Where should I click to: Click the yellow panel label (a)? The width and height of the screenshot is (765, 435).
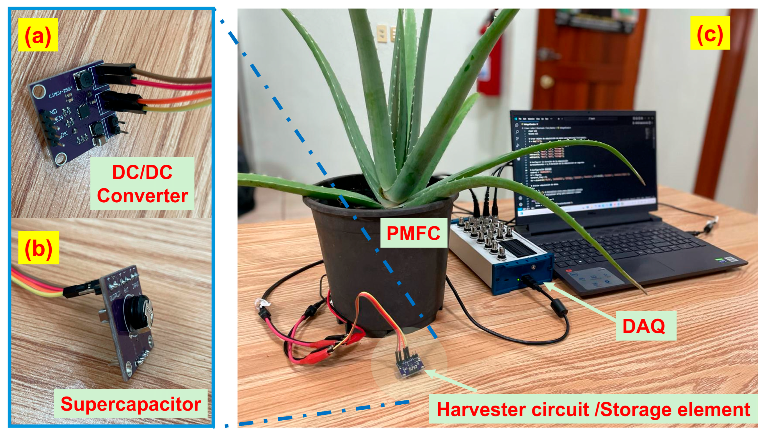pos(38,34)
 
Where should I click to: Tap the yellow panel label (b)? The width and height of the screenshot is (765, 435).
pos(38,247)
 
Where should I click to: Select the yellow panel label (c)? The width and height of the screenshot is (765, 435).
pos(710,33)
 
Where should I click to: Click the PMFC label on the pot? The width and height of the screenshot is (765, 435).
pos(414,233)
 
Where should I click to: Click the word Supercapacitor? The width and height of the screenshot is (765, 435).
pos(131,404)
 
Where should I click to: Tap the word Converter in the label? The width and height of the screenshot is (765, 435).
pos(142,196)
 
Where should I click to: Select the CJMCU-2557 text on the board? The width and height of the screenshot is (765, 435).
pos(61,93)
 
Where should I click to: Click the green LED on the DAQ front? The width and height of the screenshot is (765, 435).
pos(519,280)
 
